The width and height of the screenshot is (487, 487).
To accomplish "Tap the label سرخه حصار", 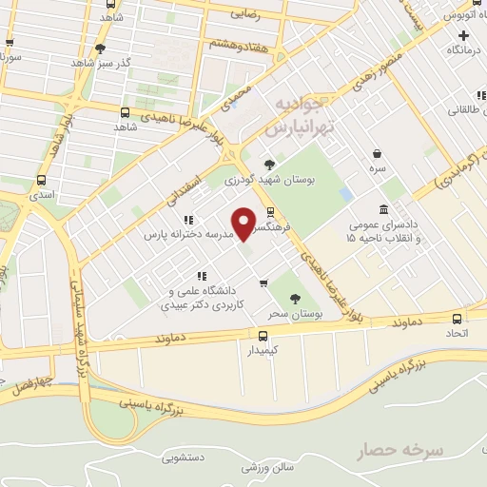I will (400, 448).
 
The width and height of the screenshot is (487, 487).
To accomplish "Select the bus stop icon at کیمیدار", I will (263, 335).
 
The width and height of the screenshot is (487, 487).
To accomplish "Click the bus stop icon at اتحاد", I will (457, 320).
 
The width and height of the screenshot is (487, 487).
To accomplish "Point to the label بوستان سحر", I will (292, 312).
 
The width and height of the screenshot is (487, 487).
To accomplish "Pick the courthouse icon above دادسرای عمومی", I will (382, 209).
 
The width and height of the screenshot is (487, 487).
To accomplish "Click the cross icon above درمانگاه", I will (463, 34).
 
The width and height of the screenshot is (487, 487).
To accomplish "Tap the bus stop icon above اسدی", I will (41, 180).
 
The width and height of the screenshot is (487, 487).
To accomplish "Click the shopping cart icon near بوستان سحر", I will (263, 282).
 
